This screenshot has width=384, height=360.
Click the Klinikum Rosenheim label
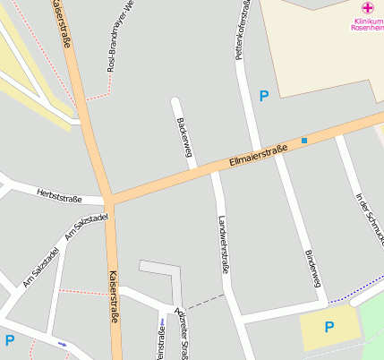pyautogui.click(x=366, y=23)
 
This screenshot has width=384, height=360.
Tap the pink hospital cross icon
pyautogui.click(x=366, y=7)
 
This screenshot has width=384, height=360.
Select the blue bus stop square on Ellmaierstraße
pyautogui.click(x=304, y=141)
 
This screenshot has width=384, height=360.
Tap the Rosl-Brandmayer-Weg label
pyautogui.click(x=120, y=37)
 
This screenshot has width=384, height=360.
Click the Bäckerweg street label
pyautogui.click(x=185, y=137)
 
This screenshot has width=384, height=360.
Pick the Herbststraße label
pyautogui.click(x=59, y=195)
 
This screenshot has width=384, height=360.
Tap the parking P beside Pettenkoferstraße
pyautogui.click(x=263, y=96)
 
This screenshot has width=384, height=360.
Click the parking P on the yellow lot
pyautogui.click(x=329, y=327)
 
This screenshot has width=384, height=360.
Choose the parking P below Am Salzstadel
pyautogui.click(x=9, y=340)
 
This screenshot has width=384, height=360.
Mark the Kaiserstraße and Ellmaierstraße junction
pyautogui.click(x=108, y=198)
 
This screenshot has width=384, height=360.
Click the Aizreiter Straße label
pyautogui.click(x=183, y=333)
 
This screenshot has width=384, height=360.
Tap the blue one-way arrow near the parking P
pyautogui.click(x=61, y=344)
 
